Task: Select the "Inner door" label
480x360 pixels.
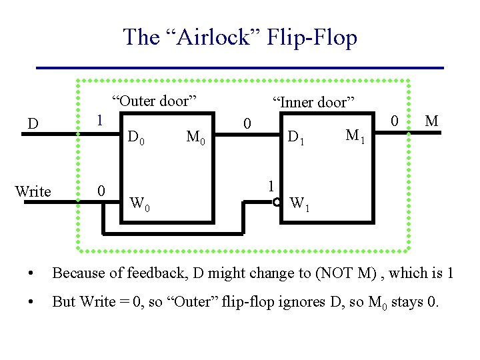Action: [x=311, y=102]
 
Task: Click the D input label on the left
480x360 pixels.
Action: [x=32, y=124]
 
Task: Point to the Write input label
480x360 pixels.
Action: [x=33, y=192]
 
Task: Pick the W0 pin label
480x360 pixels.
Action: [x=139, y=203]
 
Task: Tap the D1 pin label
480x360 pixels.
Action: [x=295, y=139]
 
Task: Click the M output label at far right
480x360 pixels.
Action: [x=431, y=121]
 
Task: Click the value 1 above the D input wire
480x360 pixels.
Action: [x=99, y=121]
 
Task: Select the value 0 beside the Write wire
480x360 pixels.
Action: [x=100, y=191]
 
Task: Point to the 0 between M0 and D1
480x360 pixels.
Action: [x=247, y=125]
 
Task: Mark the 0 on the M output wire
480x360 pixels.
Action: [x=395, y=121]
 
